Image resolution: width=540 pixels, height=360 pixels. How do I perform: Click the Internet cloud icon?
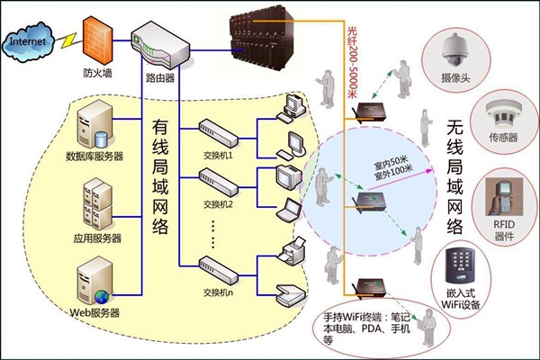pyautogui.click(x=31, y=40)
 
